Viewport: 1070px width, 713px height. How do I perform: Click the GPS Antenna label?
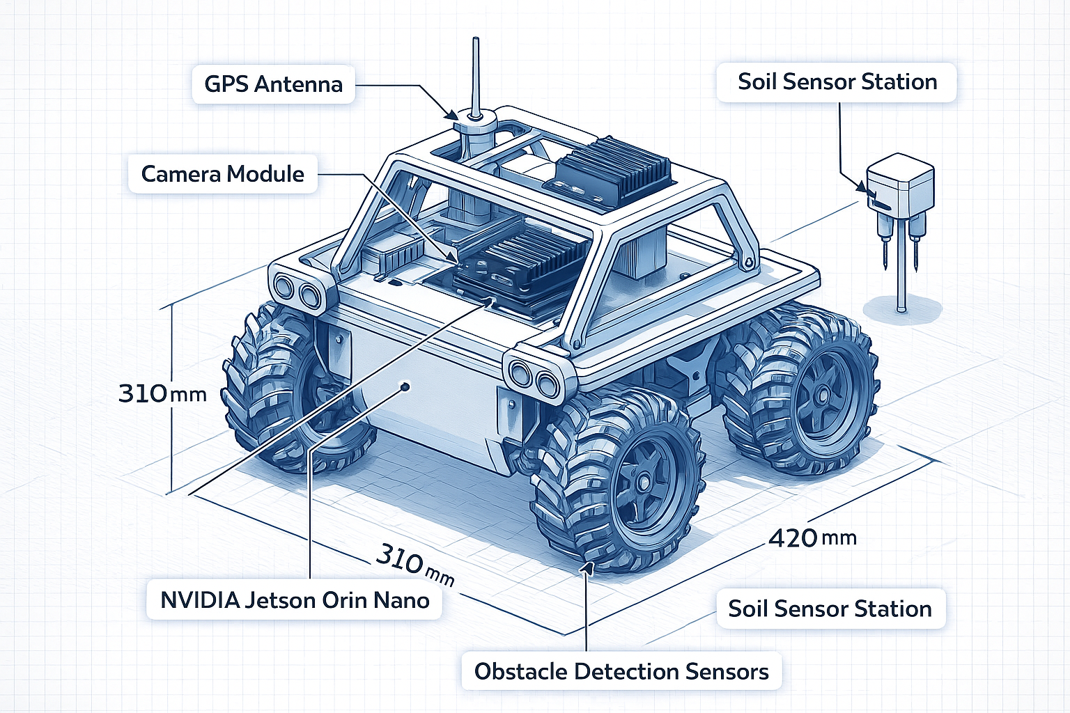273,84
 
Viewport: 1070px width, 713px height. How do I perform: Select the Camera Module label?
222,173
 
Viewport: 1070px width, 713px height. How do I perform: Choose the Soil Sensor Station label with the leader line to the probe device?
837,81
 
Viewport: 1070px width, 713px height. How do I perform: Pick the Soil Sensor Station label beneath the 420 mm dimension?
830,609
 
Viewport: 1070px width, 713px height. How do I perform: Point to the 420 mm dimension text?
812,538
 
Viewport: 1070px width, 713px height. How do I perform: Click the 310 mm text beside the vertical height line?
162,393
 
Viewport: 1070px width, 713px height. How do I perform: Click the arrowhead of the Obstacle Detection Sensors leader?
587,567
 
